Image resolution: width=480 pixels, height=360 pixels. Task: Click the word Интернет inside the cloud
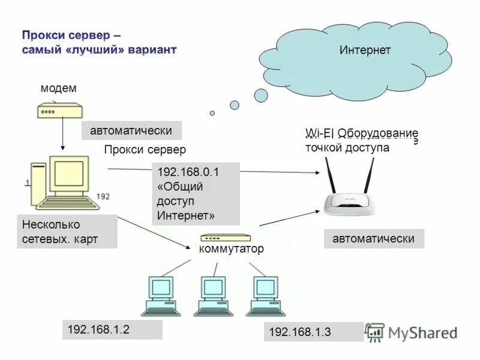[x=365, y=50]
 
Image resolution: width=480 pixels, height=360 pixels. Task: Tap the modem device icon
[x=59, y=111]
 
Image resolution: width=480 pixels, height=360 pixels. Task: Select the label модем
[x=58, y=88]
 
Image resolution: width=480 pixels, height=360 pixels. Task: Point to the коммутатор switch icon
[x=226, y=238]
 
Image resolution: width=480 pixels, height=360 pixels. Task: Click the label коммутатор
[x=231, y=249]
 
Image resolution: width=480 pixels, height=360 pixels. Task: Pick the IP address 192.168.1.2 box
[x=112, y=329]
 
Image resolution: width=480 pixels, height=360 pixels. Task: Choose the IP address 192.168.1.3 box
[x=313, y=332]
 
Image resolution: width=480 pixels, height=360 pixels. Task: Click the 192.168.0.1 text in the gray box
[x=188, y=172]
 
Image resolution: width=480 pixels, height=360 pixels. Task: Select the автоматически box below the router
[x=374, y=238]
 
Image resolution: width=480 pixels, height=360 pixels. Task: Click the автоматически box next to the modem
[x=131, y=130]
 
